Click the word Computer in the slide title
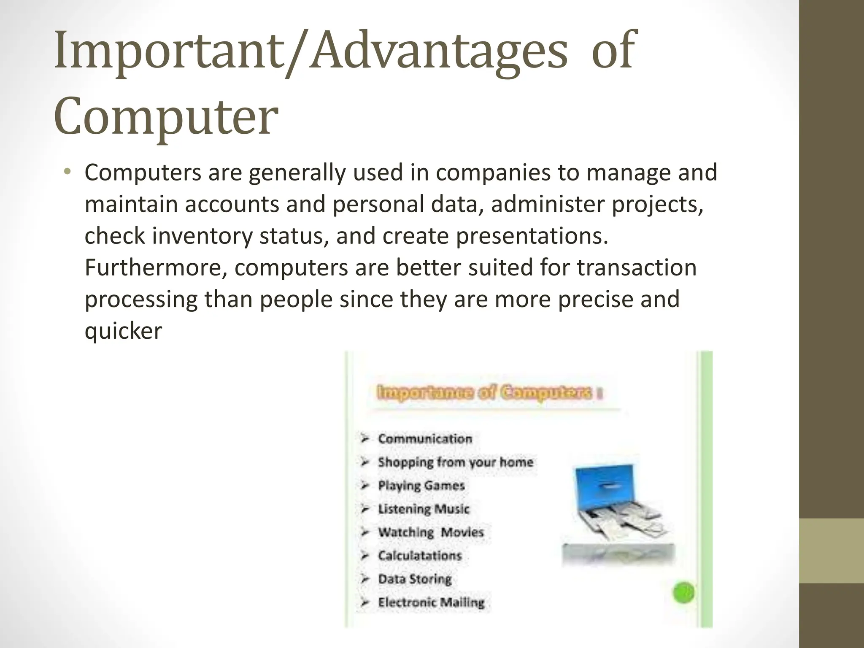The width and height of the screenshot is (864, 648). [x=166, y=116]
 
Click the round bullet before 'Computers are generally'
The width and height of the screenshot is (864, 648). [x=67, y=172]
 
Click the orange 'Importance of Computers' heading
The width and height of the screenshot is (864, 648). [x=485, y=393]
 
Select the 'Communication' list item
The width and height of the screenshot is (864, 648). [x=425, y=439]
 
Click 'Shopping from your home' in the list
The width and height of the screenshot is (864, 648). [x=455, y=462]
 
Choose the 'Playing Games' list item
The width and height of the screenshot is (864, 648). [x=421, y=486]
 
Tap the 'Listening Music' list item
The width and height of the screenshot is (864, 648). [x=424, y=509]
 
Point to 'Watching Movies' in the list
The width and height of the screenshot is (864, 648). [x=430, y=532]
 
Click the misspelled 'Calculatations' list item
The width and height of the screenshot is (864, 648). [x=420, y=556]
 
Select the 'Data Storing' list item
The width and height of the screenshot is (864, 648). [x=415, y=579]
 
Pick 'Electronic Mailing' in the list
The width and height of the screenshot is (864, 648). [x=431, y=602]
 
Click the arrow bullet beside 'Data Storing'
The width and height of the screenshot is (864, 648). [x=365, y=579]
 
